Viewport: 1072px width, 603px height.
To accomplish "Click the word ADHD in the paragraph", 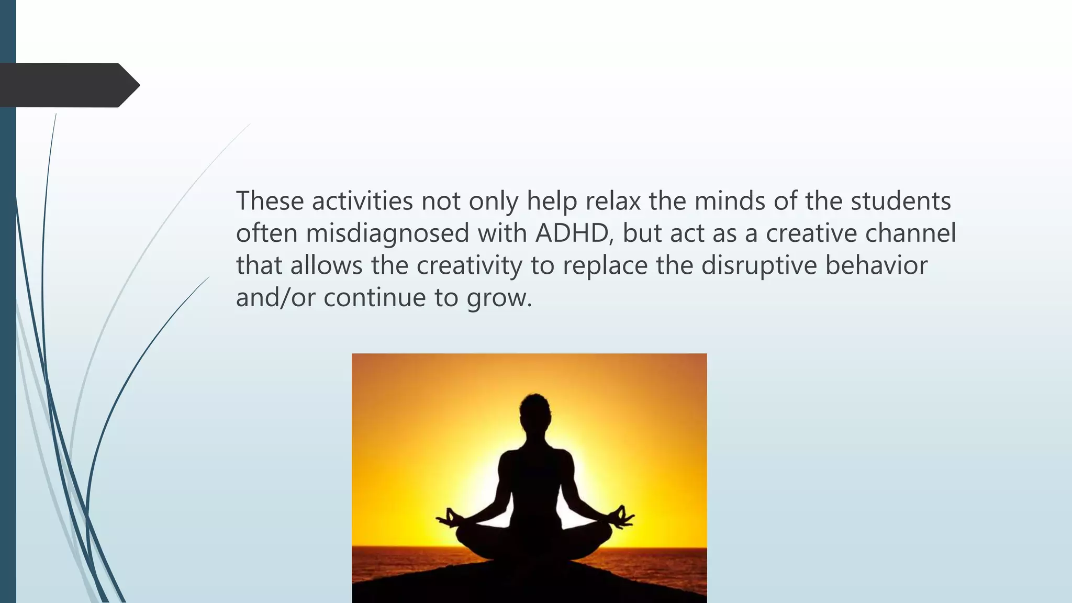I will [573, 233].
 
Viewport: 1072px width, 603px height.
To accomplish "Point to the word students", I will [900, 201].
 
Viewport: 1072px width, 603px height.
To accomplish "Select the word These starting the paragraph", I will [270, 201].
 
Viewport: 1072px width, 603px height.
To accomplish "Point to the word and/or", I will [275, 298].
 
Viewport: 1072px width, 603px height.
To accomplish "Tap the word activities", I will [363, 201].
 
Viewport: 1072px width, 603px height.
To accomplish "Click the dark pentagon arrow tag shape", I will [68, 85].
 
